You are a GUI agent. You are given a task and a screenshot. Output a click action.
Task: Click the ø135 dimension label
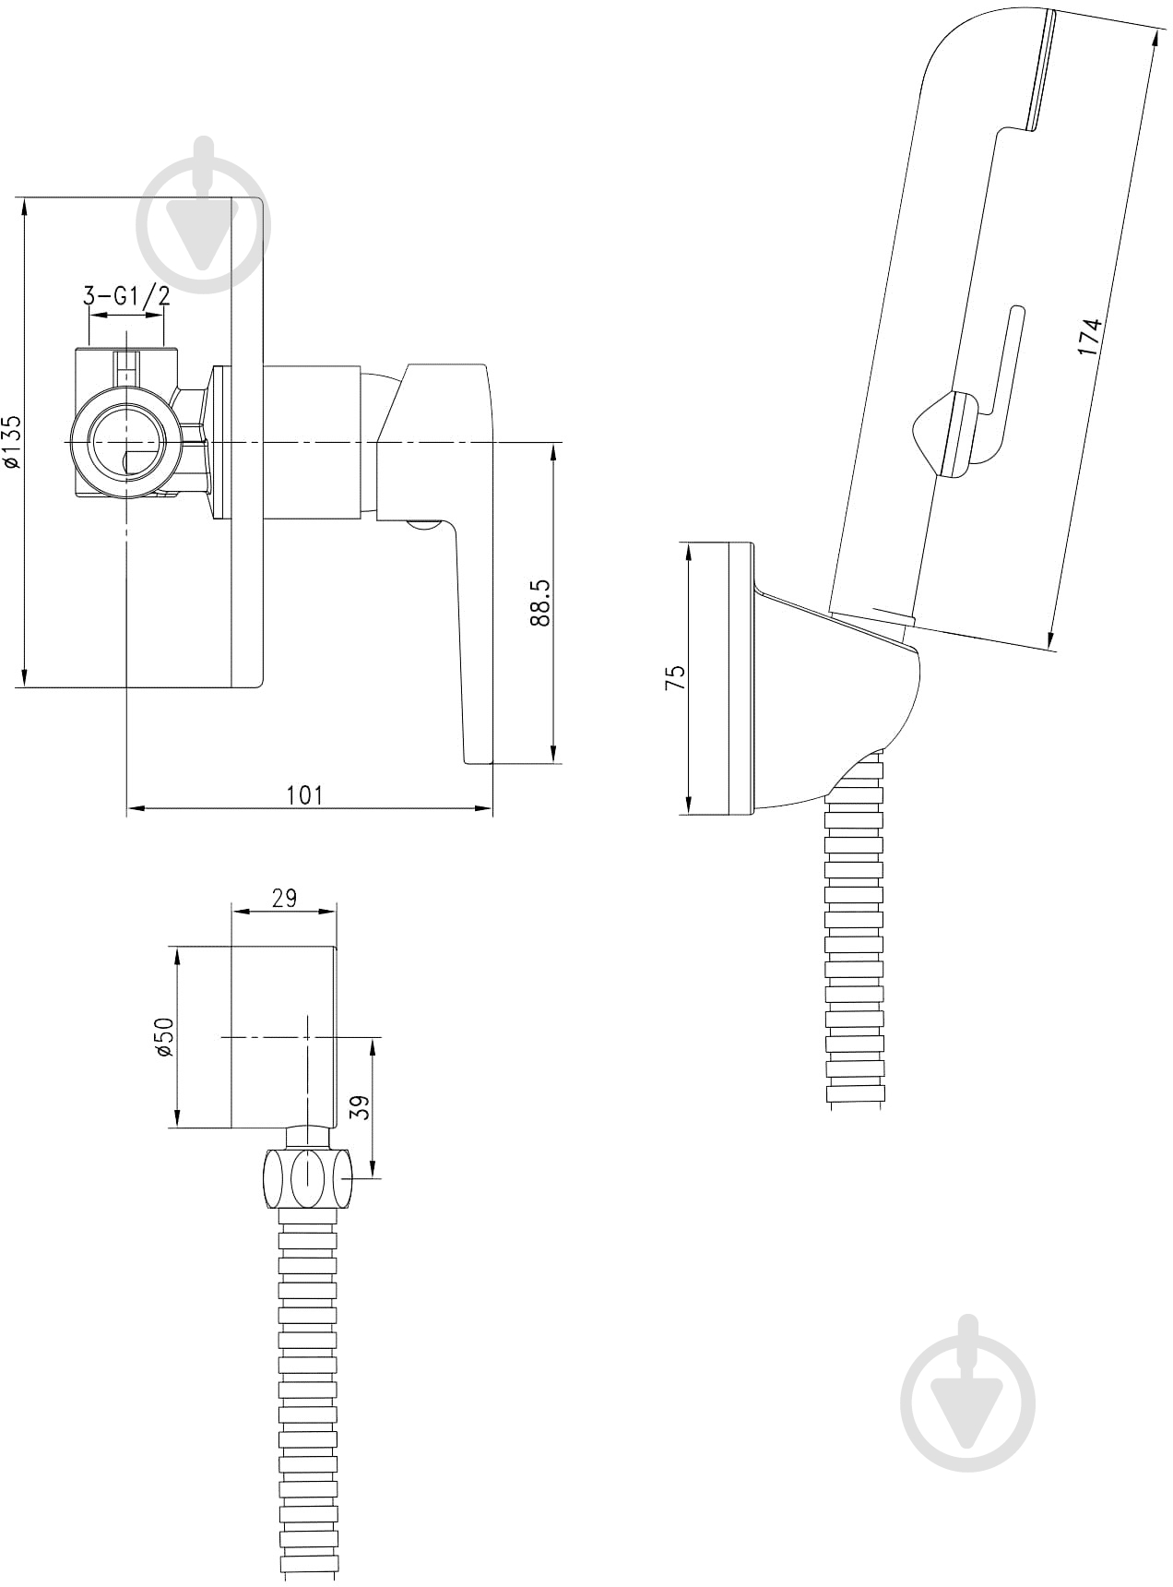(x=11, y=444)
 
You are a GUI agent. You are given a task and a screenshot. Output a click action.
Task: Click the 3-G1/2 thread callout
(x=126, y=296)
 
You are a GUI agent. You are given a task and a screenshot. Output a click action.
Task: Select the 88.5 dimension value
(x=541, y=603)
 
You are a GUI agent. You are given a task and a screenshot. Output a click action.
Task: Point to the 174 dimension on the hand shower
(x=1090, y=337)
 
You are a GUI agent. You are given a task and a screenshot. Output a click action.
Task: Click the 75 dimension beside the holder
(x=676, y=678)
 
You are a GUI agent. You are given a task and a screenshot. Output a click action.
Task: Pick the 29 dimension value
(x=285, y=898)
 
